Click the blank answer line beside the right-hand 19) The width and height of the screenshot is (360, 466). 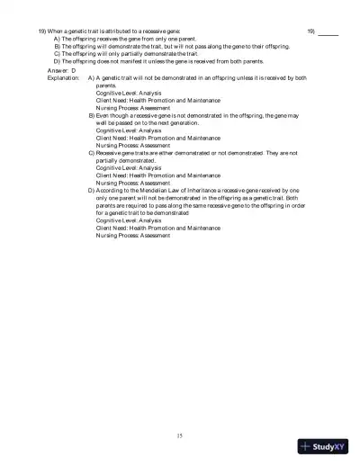pos(328,32)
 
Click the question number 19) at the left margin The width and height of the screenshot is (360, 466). pos(42,31)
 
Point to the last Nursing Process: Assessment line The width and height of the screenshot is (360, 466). pos(132,236)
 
